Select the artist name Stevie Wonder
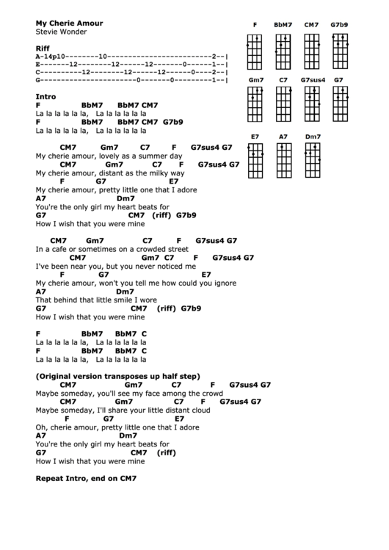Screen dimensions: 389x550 [61, 32]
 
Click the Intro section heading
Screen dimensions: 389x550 [46, 96]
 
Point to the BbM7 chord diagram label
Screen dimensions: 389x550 [283, 25]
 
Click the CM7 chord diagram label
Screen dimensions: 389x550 [311, 25]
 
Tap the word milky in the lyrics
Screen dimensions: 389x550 [157, 173]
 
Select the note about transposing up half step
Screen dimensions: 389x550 [117, 375]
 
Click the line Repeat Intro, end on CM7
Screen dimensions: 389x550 [87, 478]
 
